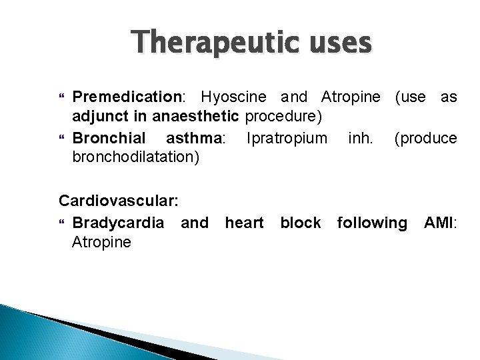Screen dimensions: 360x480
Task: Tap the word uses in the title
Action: pos(335,43)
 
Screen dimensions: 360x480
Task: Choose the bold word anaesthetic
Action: pos(205,117)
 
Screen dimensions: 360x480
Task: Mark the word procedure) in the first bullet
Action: pos(285,117)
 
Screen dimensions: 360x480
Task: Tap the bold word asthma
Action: pos(190,139)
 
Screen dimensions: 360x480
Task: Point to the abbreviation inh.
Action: pos(360,139)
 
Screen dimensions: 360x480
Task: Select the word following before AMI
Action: pos(372,221)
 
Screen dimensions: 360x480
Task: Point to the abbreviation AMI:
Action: pos(441,221)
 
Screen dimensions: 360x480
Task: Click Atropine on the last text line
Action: pos(101,242)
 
